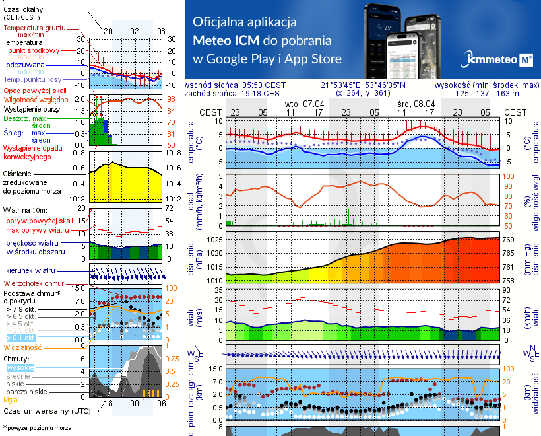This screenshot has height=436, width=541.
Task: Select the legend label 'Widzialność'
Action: coord(23,346)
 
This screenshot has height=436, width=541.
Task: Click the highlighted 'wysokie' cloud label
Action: coord(20,367)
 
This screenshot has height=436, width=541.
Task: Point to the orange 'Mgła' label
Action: coord(11,400)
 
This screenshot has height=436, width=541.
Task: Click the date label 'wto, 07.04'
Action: coord(304,104)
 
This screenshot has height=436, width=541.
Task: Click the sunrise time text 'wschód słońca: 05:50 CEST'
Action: coord(236,85)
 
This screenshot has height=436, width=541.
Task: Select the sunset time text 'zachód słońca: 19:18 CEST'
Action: coord(236,93)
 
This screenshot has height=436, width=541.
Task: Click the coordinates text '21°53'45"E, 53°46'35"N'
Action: coord(363,85)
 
